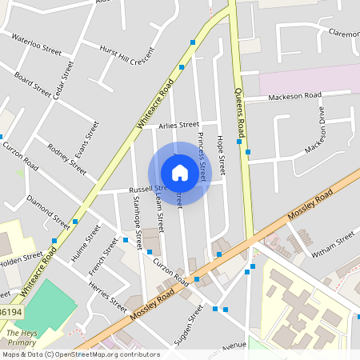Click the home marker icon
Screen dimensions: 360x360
pyautogui.click(x=180, y=173)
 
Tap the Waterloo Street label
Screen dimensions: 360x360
pyautogui.click(x=35, y=43)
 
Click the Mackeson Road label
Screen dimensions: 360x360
pyautogui.click(x=294, y=96)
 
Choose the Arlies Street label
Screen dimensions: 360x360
pyautogui.click(x=178, y=125)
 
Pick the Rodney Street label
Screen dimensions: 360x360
pyautogui.click(x=66, y=158)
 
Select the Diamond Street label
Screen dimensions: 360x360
pyautogui.click(x=48, y=210)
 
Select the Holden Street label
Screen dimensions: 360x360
pyautogui.click(x=21, y=258)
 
